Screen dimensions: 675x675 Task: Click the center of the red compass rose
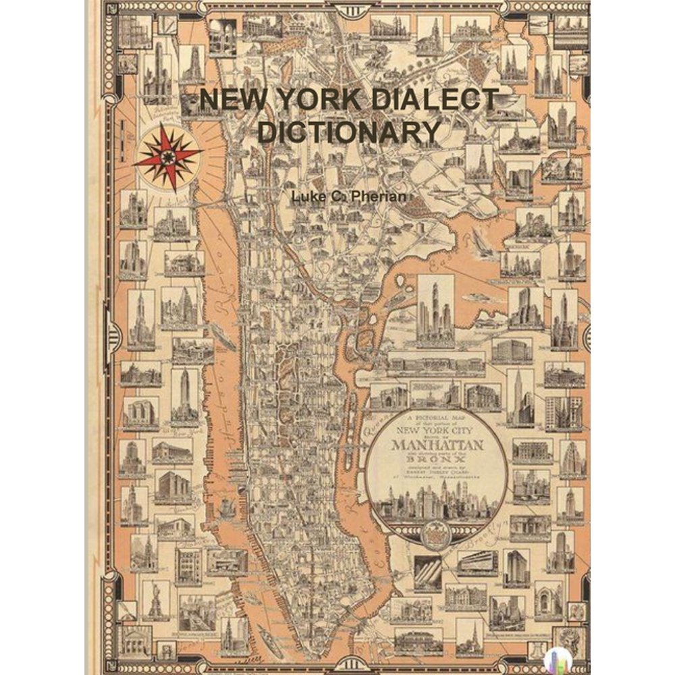click(167, 157)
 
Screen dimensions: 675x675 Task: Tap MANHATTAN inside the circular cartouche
click(438, 445)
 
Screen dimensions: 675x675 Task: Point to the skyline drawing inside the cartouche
click(438, 502)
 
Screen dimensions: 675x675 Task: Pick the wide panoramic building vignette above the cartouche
click(435, 364)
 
